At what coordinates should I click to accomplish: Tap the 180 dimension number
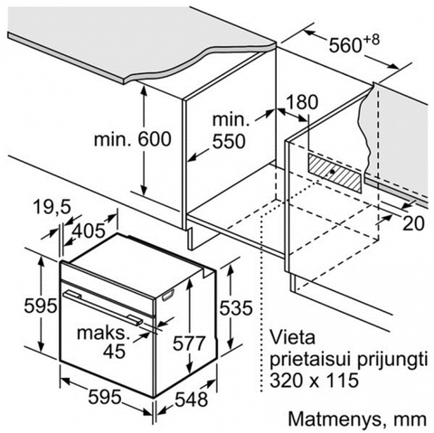[x=302, y=102]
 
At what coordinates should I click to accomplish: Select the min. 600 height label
[x=133, y=139]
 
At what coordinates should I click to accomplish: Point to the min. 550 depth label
[x=230, y=131]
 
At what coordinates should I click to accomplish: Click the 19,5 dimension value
[x=52, y=207]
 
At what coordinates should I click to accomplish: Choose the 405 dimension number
[x=90, y=231]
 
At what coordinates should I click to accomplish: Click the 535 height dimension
[x=235, y=308]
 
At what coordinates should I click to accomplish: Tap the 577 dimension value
[x=189, y=343]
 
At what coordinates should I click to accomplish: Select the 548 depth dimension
[x=192, y=400]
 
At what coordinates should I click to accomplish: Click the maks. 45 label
[x=101, y=342]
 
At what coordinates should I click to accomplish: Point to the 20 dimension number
[x=413, y=223]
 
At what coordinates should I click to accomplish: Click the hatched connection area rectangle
[x=335, y=172]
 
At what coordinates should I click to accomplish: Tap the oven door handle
[x=102, y=307]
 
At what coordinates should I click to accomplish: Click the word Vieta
[x=292, y=337]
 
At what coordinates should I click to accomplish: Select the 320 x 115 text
[x=314, y=380]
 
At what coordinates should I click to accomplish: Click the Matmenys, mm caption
[x=357, y=419]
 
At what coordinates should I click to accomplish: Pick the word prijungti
[x=392, y=360]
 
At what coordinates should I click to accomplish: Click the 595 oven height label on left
[x=41, y=306]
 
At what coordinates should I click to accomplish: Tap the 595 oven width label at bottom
[x=105, y=397]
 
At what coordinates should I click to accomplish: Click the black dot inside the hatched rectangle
[x=333, y=171]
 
